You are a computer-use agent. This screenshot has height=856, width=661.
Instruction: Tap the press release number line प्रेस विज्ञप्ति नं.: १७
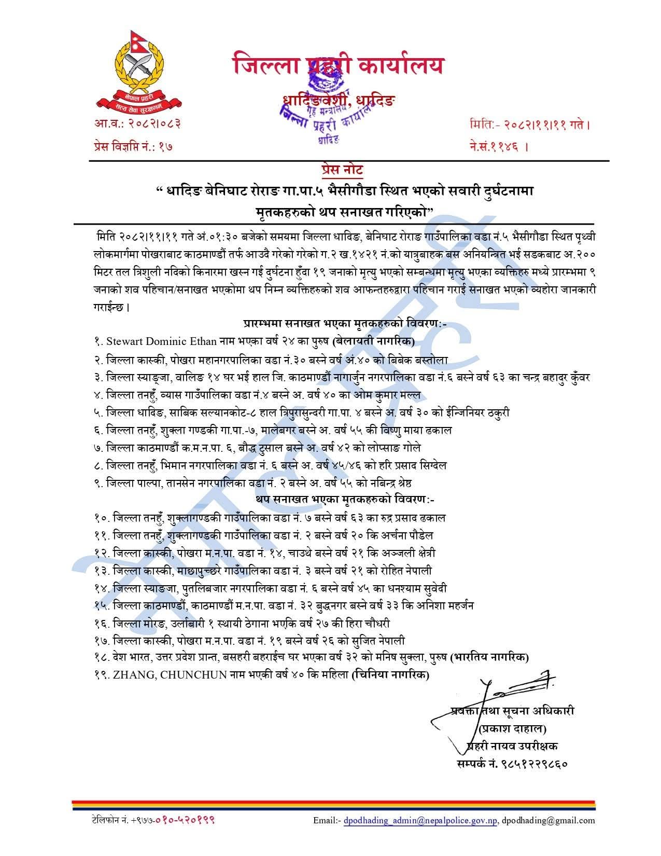pos(133,146)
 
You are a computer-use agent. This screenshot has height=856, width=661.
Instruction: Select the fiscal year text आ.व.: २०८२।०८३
pos(137,125)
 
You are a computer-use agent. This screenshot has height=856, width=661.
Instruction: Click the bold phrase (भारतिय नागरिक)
pos(489,657)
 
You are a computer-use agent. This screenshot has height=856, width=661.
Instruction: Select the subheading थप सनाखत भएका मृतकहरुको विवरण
pos(344,500)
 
